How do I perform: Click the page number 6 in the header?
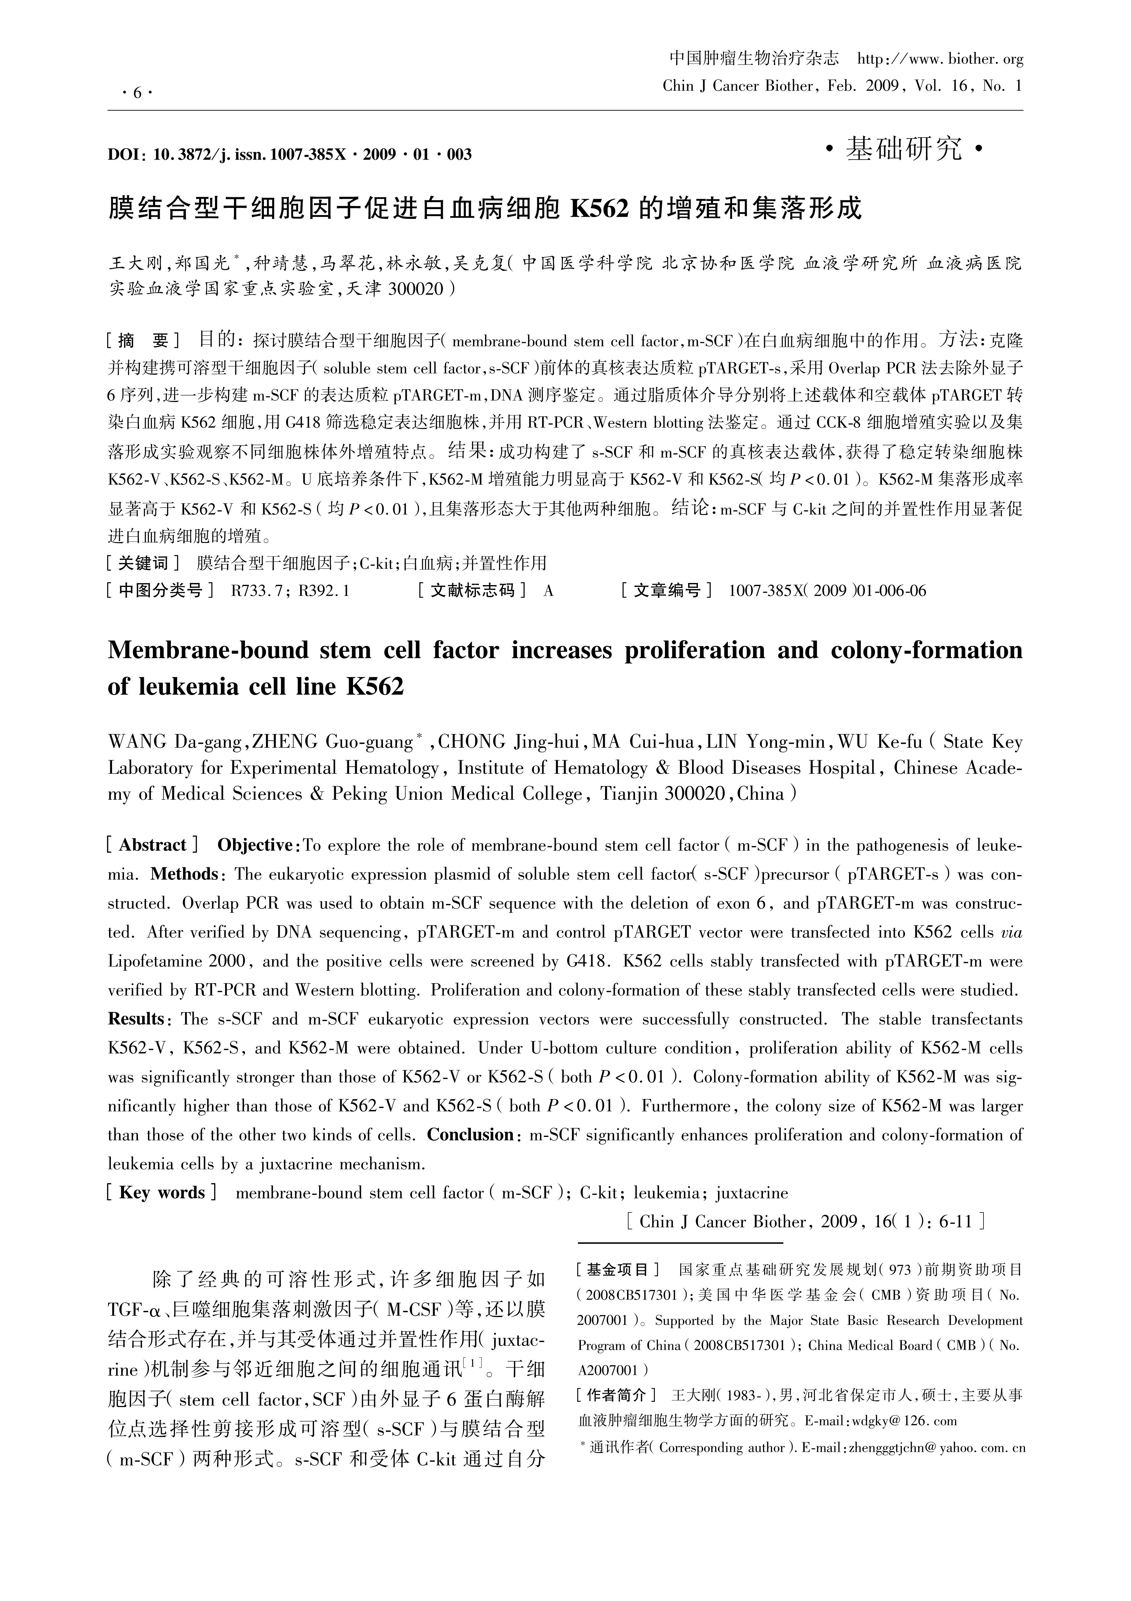pyautogui.click(x=137, y=93)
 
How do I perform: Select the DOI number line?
pyautogui.click(x=289, y=154)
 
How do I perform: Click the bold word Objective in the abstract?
pyautogui.click(x=254, y=845)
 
